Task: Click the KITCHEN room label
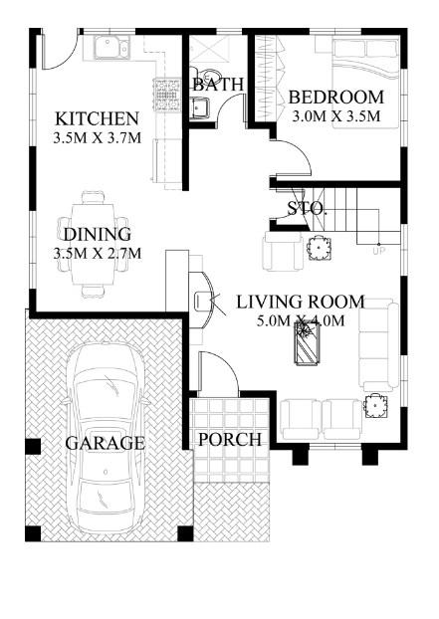(97, 118)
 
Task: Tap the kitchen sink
(111, 48)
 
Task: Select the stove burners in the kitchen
(166, 96)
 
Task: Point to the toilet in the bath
(208, 75)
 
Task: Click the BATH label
(218, 85)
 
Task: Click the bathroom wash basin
(200, 108)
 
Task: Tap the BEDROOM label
(335, 98)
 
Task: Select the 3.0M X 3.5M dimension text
(335, 116)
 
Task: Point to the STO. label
(307, 208)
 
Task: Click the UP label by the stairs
(378, 251)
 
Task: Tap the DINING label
(98, 235)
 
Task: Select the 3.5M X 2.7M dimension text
(98, 254)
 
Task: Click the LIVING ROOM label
(300, 302)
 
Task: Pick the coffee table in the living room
(309, 343)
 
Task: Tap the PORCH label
(230, 440)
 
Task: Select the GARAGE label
(105, 443)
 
